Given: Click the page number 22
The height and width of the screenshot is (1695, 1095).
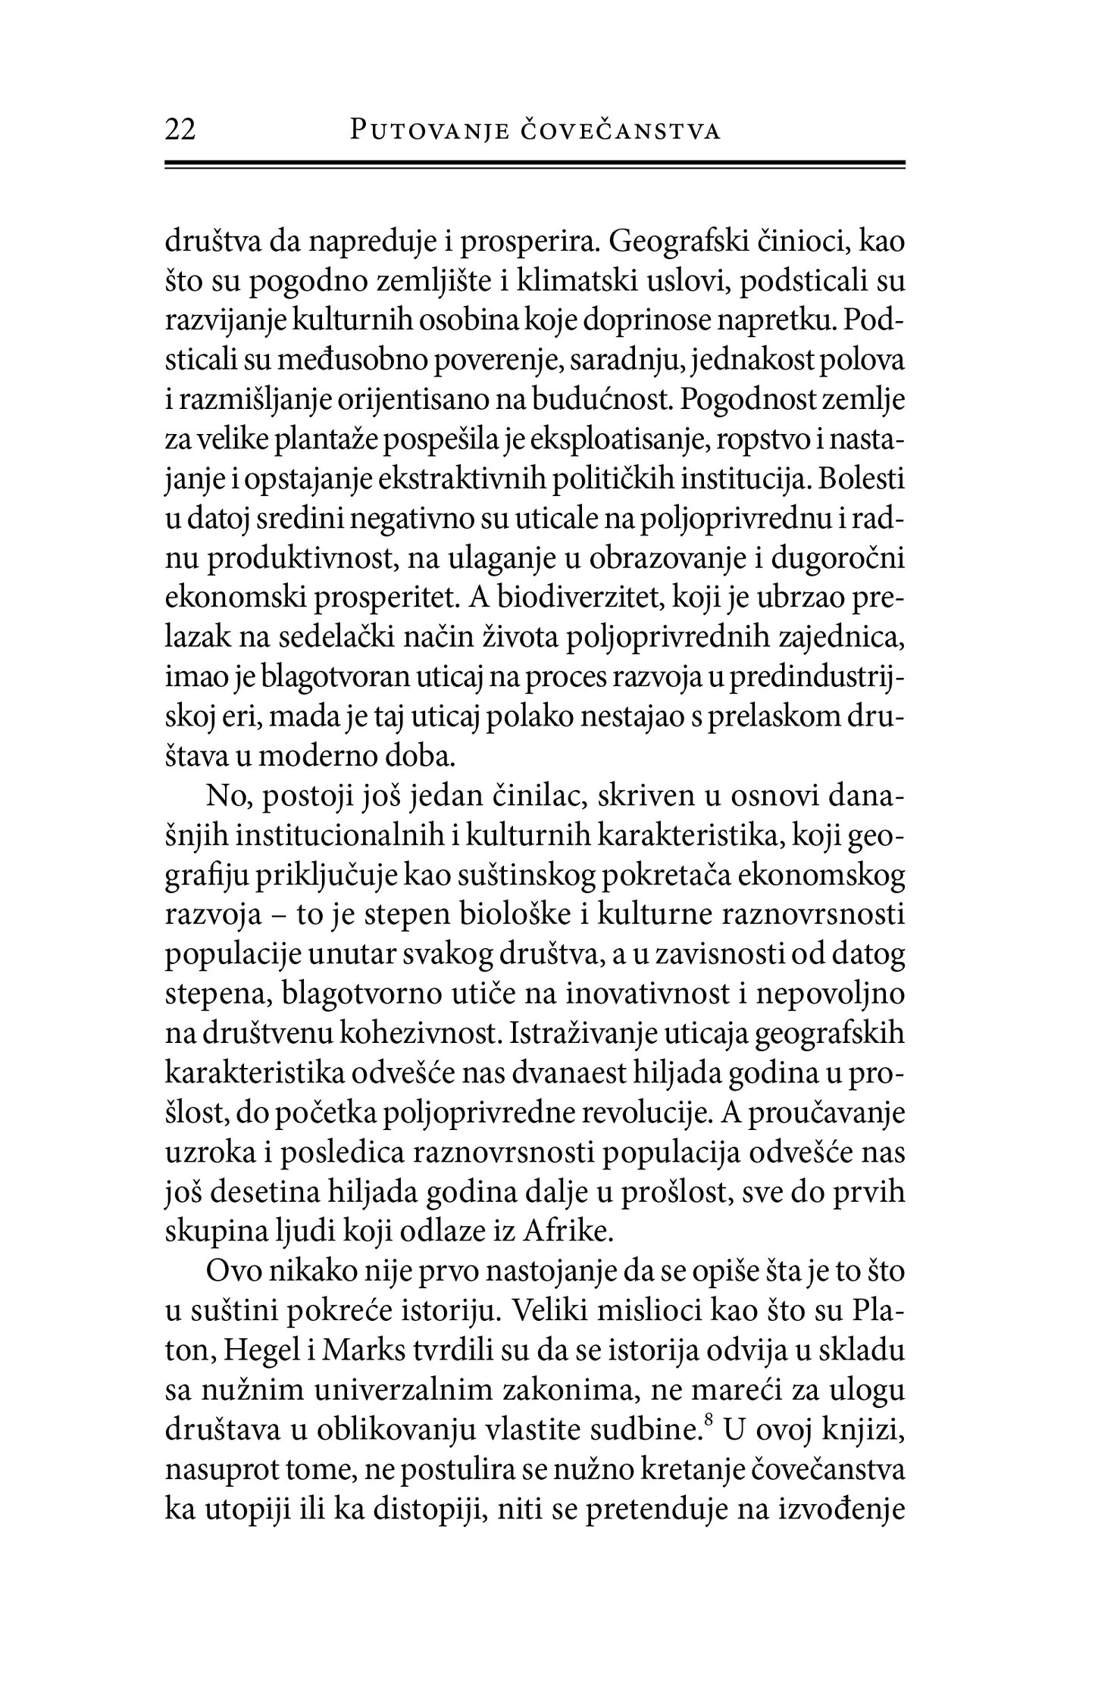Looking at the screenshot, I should [x=180, y=130].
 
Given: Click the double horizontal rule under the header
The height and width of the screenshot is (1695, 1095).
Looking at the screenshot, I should [x=535, y=167].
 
